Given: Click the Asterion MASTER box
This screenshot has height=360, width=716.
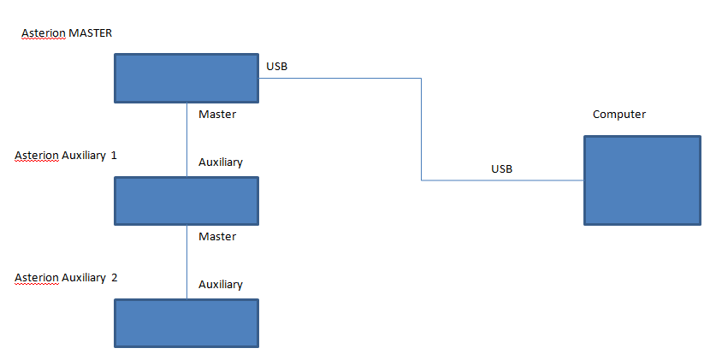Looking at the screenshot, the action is click(x=186, y=78).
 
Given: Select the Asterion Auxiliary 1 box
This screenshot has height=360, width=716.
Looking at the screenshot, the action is click(x=186, y=201).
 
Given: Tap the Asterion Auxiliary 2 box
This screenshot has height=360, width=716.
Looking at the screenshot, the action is click(x=186, y=323).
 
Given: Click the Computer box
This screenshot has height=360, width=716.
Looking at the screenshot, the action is click(x=642, y=180).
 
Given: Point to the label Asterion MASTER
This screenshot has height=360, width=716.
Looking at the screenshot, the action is click(x=67, y=33).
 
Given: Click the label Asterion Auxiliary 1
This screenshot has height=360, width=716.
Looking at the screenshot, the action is click(x=66, y=156).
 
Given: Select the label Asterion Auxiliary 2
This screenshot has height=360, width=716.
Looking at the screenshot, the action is click(x=66, y=278).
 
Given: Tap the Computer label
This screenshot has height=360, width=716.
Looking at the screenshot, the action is click(x=619, y=115).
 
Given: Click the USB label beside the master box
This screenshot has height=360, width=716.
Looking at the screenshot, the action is click(x=276, y=66).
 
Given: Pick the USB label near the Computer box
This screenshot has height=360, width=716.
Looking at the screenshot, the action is click(x=502, y=168).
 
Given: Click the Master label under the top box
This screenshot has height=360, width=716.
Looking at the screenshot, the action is click(x=217, y=114).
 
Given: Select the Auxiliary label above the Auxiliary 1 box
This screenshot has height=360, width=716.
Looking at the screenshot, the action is click(x=221, y=162).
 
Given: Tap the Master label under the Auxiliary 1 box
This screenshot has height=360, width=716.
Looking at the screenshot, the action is click(x=217, y=236).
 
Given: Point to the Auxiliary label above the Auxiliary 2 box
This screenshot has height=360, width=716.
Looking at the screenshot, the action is click(x=221, y=285).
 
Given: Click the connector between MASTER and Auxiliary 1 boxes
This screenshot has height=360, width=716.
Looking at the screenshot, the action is click(x=186, y=139).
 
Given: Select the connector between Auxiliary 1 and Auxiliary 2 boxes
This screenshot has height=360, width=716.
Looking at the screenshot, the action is click(x=186, y=262).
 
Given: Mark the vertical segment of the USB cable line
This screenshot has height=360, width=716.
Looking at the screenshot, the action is click(x=421, y=129).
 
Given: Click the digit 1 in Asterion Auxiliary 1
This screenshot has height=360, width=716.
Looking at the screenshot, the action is click(x=114, y=156).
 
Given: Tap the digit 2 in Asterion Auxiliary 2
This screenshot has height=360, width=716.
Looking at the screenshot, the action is click(x=114, y=278).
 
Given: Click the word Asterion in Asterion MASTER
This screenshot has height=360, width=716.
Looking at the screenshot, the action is click(x=44, y=33).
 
